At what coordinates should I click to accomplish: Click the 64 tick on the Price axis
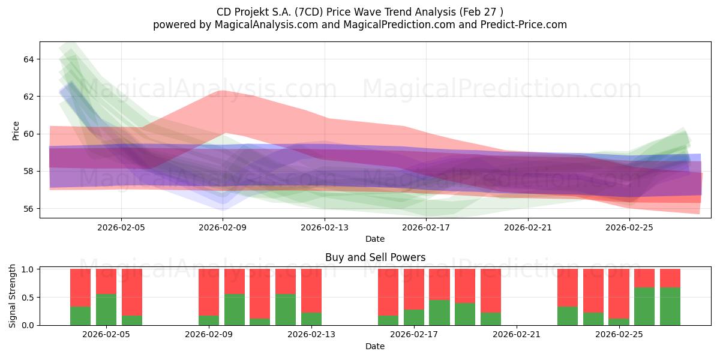pyautogui.click(x=29, y=59)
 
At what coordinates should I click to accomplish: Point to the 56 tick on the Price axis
pyautogui.click(x=29, y=209)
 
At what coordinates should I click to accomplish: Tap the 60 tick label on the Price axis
pyautogui.click(x=29, y=134)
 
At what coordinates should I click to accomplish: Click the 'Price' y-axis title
pyautogui.click(x=16, y=131)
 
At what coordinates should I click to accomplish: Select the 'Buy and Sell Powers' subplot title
pyautogui.click(x=375, y=257)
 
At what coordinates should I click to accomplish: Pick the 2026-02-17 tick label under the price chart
pyautogui.click(x=426, y=227)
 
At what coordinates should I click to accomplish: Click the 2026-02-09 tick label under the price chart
pyautogui.click(x=223, y=227)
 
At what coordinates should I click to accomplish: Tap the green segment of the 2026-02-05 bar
pyautogui.click(x=106, y=310)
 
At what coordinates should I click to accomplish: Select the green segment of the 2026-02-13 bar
pyautogui.click(x=311, y=319)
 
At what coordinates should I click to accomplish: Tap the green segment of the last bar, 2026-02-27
pyautogui.click(x=670, y=307)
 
